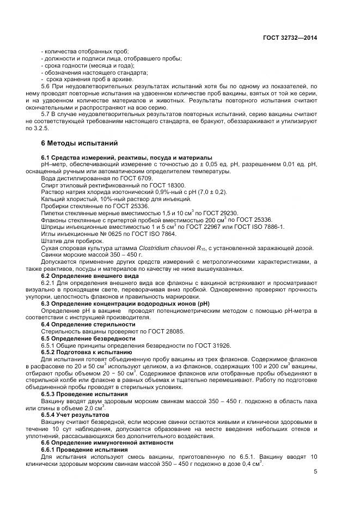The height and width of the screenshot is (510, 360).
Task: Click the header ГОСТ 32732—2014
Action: (x=292, y=38)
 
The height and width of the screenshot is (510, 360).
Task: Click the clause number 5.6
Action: (x=46, y=87)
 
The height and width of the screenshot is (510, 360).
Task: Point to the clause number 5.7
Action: (x=46, y=114)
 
